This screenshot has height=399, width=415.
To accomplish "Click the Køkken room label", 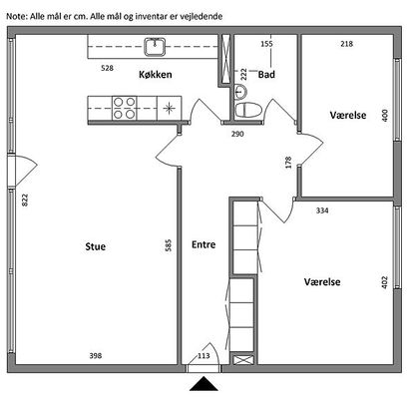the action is [156, 74].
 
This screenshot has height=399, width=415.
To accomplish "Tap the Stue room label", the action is [96, 246].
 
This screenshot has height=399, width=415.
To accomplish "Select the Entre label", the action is [204, 244].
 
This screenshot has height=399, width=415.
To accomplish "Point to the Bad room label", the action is [266, 75].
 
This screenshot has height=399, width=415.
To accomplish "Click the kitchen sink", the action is [155, 47].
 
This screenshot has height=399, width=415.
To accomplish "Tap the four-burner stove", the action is [125, 108].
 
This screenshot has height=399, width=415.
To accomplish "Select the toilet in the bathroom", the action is [248, 110].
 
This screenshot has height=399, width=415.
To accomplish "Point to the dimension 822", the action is [25, 199].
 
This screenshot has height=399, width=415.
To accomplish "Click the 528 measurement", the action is [107, 68].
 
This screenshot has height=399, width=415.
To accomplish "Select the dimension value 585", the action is [169, 245].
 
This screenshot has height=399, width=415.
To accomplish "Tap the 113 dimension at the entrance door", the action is [204, 356].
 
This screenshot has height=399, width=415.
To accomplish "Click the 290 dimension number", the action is [237, 134].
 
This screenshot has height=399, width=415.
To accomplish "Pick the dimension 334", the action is [322, 210].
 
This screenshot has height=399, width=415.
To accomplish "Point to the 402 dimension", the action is [385, 282].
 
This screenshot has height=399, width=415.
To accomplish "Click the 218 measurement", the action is [346, 44].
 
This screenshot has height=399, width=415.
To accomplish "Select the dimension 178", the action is [288, 163].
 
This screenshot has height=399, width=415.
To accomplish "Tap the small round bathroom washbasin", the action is [240, 92].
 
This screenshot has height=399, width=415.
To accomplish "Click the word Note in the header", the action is [16, 16].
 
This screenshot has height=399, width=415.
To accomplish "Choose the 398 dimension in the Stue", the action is [96, 356].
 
